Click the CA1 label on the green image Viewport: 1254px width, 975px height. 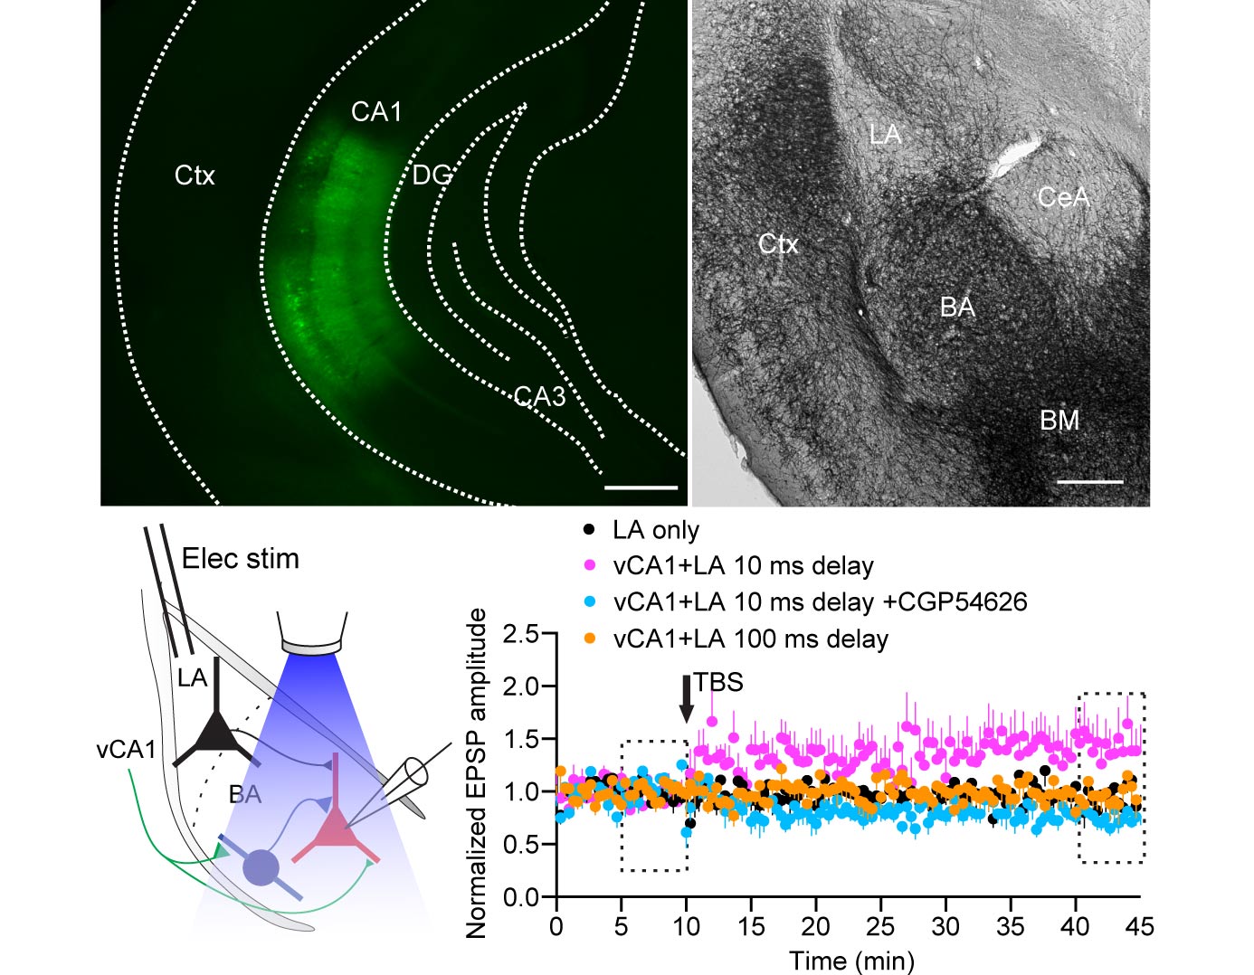pos(376,112)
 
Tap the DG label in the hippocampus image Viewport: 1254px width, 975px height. pos(432,175)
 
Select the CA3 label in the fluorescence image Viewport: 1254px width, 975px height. pos(539,396)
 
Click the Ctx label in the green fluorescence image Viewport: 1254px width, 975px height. pos(195,175)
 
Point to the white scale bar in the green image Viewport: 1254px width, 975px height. pos(641,488)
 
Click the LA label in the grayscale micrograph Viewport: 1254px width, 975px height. pos(885,135)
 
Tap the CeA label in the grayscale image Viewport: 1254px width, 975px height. pos(1062,197)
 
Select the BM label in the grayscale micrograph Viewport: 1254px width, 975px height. pos(1059,421)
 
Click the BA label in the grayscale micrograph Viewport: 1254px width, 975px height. pos(957,308)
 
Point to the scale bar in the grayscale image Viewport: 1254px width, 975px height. pos(1089,482)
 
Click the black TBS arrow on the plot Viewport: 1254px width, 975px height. pos(687,698)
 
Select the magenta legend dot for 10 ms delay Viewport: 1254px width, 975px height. pos(590,565)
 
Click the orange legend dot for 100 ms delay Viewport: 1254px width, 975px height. pos(590,639)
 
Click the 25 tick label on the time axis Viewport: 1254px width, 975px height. pos(880,926)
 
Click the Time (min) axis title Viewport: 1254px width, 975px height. pos(851,960)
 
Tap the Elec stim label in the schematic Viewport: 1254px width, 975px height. pos(241,559)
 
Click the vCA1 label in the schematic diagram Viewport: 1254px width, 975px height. pos(126,750)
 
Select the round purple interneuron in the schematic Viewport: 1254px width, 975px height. pos(261,867)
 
